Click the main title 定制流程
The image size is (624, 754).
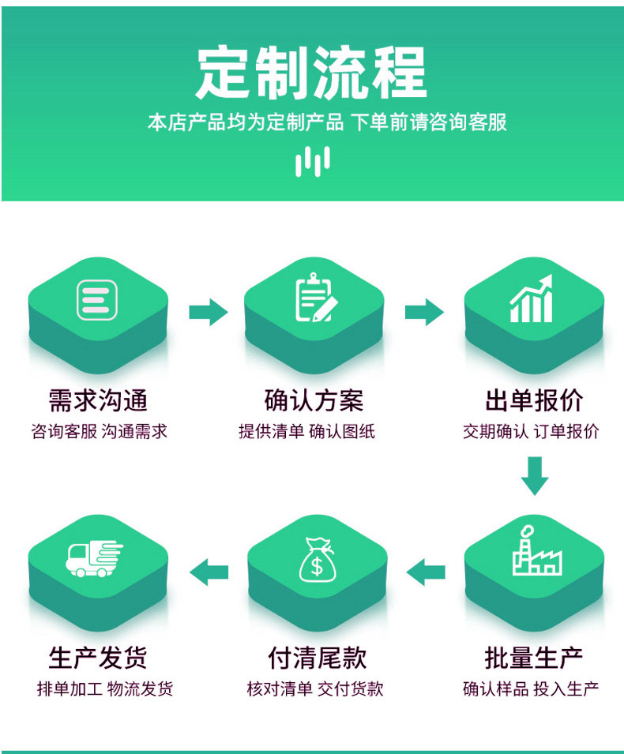311,73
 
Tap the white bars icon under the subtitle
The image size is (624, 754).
313,162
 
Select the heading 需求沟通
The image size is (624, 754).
98,400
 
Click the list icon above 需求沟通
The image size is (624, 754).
97,300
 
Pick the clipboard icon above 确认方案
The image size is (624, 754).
316,298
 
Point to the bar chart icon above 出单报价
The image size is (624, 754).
532,298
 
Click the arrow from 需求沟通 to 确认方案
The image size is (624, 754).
209,312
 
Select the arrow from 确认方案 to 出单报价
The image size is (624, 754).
424,312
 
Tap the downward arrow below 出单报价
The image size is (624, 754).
535,476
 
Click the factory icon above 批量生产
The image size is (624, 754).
537,550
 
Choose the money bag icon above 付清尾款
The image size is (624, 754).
317,559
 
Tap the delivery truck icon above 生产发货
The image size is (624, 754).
94,558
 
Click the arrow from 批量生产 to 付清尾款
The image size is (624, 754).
426,572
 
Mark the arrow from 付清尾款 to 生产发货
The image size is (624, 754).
209,572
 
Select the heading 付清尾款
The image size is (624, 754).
318,658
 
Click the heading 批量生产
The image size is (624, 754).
533,658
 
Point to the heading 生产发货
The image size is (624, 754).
98,658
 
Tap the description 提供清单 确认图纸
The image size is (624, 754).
307,431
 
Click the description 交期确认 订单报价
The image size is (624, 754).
531,431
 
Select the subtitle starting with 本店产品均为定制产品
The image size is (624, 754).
327,122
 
